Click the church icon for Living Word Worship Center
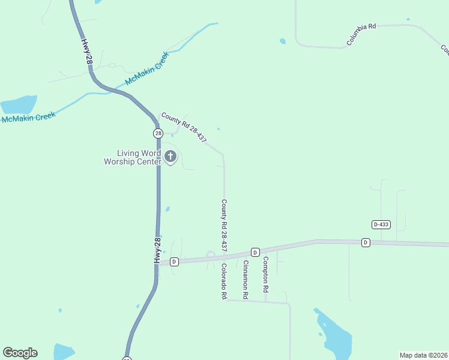tap(170, 157)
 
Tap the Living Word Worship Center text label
tap(133, 157)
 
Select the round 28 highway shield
tap(158, 133)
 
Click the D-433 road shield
tap(381, 224)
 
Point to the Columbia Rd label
tap(361, 35)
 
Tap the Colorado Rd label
tap(223, 281)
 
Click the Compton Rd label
tap(265, 275)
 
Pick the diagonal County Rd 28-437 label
tap(184, 127)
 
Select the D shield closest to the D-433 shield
tap(366, 242)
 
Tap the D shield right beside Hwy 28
tap(174, 262)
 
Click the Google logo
tap(20, 353)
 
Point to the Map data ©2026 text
tap(423, 355)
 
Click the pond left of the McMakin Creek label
tap(18, 104)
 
